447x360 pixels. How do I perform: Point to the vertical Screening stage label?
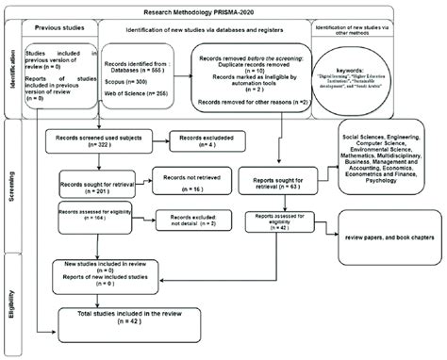tap(10, 181)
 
